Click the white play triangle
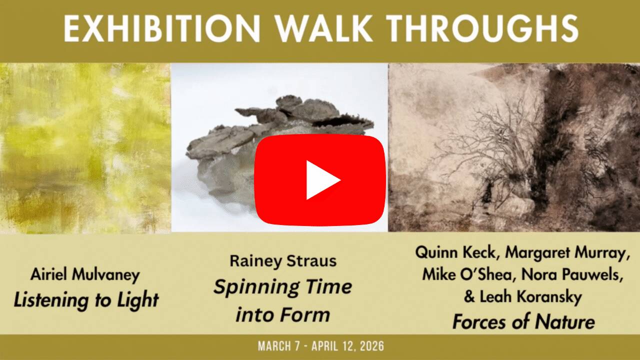pos(322,180)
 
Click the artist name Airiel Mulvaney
pos(85,274)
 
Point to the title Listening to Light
pos(86,300)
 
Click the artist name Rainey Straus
pos(283,260)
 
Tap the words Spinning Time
pos(283,287)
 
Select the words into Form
pos(283,315)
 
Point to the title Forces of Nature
pos(523,321)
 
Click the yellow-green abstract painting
pos(85,147)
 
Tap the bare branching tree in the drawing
pos(480,140)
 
